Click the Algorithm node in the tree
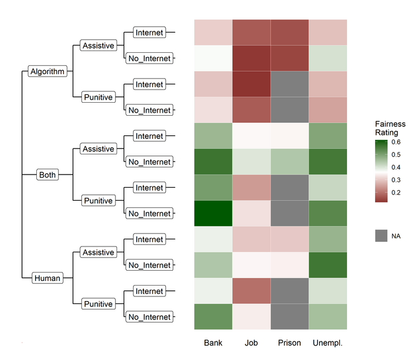[46, 72]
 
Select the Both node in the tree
[46, 175]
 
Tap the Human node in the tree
[46, 278]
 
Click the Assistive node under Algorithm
[98, 46]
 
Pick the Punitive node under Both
[98, 201]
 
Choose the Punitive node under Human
[98, 304]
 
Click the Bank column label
[213, 343]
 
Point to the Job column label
[251, 343]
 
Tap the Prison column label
[289, 343]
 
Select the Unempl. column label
[328, 343]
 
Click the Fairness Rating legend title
[390, 128]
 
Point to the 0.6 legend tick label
[395, 143]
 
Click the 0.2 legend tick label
[395, 192]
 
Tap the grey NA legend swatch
[382, 236]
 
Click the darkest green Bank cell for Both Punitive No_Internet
[213, 214]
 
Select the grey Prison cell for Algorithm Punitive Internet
[289, 84]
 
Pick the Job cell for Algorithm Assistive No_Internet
[251, 58]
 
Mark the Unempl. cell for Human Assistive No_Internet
[328, 265]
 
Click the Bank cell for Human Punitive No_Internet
[213, 317]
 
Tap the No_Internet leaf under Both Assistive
[149, 162]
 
